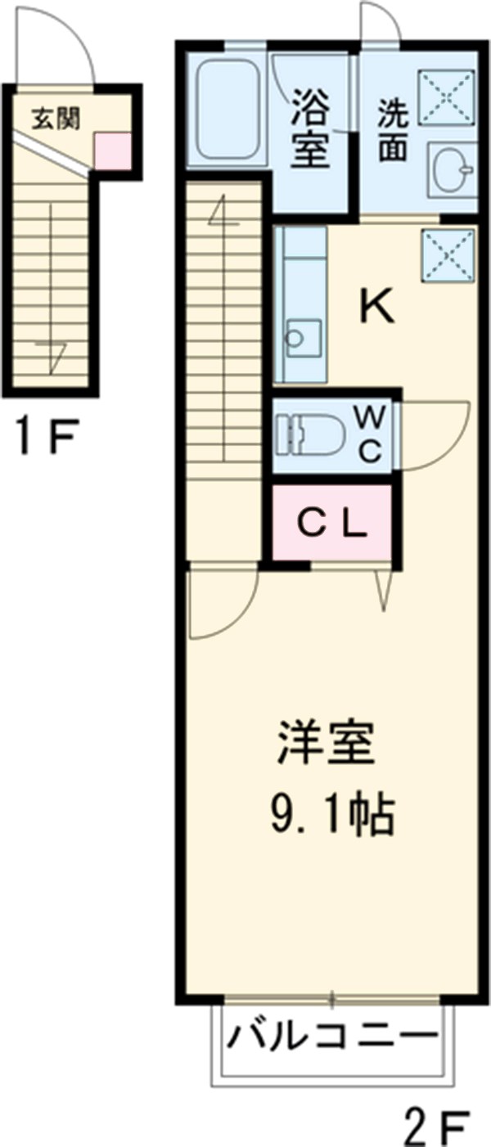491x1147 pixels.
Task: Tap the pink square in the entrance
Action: point(111,151)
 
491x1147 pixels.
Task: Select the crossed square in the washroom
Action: point(447,96)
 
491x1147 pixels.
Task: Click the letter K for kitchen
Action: point(378,307)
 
